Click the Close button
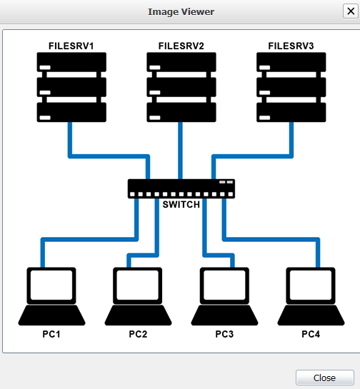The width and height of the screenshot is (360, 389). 324,378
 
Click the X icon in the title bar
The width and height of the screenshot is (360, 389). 349,11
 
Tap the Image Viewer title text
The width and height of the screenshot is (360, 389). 181,12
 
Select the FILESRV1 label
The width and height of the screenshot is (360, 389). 71,46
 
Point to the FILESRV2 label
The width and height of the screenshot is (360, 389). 181,46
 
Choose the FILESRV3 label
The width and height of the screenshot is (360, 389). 291,46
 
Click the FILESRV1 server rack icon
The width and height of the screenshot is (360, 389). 71,88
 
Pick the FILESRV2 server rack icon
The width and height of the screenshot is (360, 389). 181,88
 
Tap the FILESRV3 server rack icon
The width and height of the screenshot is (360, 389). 291,88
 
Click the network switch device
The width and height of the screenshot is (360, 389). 181,188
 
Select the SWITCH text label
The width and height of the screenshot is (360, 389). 181,205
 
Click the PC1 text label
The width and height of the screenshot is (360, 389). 51,334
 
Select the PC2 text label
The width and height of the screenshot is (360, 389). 138,334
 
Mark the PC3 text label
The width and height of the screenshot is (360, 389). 224,334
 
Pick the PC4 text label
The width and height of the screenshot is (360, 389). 311,334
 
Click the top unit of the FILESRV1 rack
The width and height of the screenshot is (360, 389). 71,64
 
